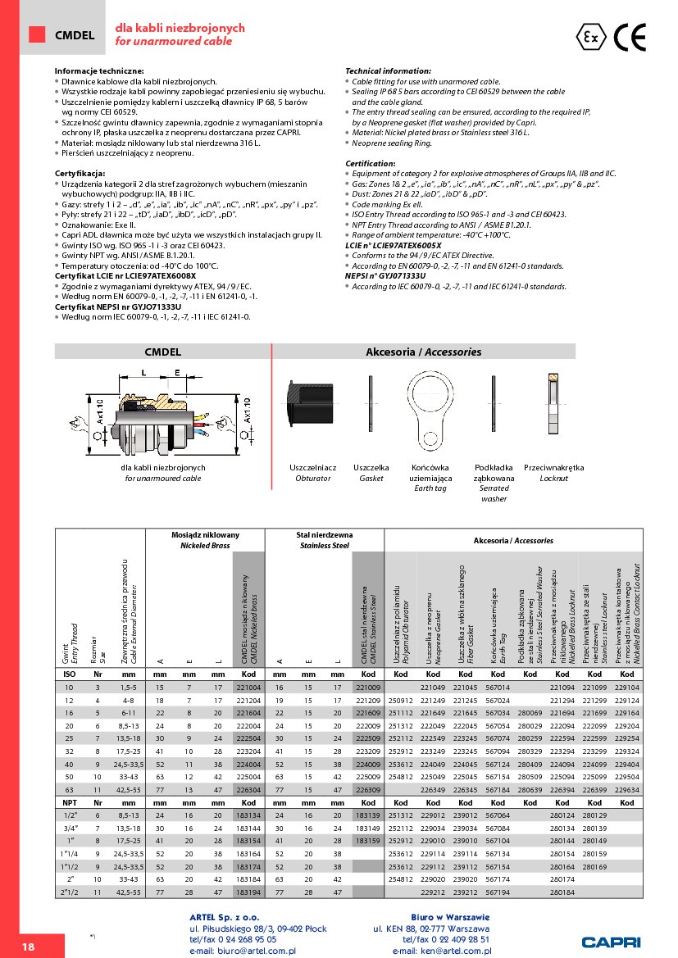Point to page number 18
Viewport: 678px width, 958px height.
[x=28, y=947]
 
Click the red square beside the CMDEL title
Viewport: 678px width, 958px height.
[x=37, y=34]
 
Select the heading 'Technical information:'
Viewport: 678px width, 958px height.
[x=388, y=71]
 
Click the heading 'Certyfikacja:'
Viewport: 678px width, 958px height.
[x=80, y=175]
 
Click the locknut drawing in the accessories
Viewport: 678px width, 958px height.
[x=553, y=402]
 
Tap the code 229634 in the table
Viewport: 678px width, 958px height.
[x=627, y=789]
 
